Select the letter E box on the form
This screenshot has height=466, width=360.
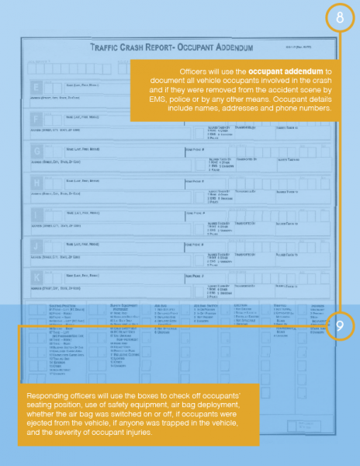pyautogui.click(x=36, y=86)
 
